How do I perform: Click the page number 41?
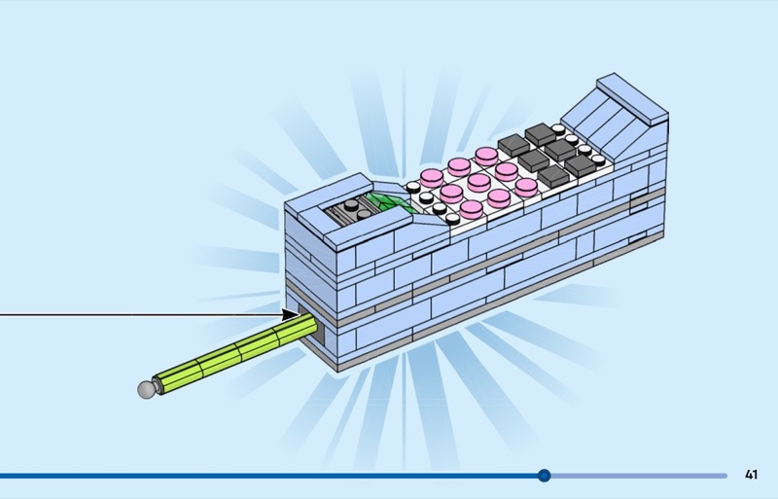tap(751, 475)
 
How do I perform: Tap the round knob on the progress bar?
tap(545, 476)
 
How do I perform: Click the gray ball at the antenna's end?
tap(147, 390)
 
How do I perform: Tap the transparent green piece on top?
tap(388, 202)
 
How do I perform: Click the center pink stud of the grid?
tap(477, 181)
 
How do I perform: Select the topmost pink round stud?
tap(486, 155)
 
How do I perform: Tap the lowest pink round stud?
tap(471, 208)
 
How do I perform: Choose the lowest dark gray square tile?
tap(552, 176)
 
